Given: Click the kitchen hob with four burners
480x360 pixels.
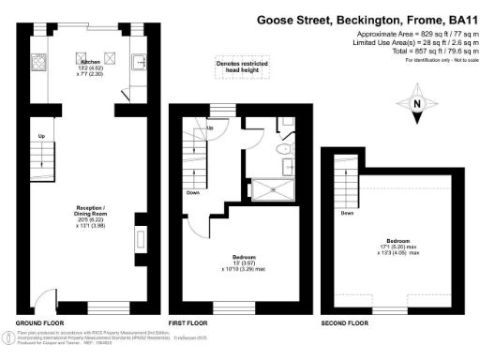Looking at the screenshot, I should click(40, 64).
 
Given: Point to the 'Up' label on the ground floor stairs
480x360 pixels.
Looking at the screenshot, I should click(41, 136).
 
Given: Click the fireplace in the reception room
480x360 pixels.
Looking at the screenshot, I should click(141, 241).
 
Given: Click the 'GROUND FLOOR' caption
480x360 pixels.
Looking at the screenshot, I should click(37, 323).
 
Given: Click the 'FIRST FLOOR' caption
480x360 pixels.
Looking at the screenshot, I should click(187, 323).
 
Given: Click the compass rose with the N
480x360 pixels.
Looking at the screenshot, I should click(419, 106).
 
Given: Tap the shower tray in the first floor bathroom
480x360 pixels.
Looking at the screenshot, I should click(275, 188).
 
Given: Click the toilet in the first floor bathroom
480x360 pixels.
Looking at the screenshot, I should click(283, 149).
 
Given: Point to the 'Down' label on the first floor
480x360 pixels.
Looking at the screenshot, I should click(191, 194).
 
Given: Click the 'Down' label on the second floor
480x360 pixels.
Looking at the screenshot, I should click(347, 213).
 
